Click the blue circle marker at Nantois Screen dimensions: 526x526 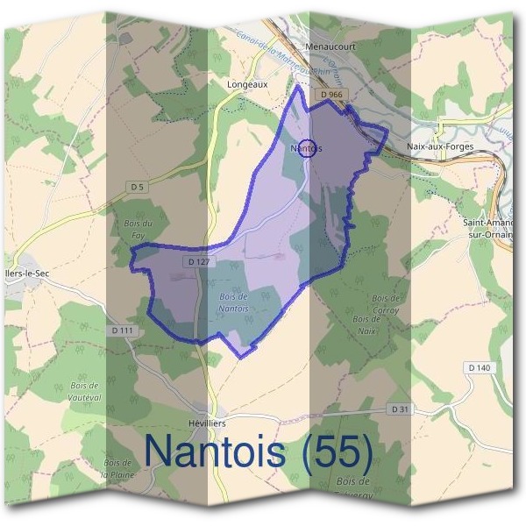click(305, 148)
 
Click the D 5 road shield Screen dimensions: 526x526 click(135, 187)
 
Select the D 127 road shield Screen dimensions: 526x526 click(197, 262)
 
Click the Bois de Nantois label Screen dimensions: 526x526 click(233, 303)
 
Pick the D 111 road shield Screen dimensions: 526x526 click(124, 331)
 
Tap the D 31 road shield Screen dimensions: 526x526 click(399, 409)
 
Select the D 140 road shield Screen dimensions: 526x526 click(479, 367)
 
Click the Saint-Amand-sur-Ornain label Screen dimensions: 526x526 click(491, 229)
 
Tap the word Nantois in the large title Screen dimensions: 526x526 click(215, 451)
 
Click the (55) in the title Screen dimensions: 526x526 click(334, 451)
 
